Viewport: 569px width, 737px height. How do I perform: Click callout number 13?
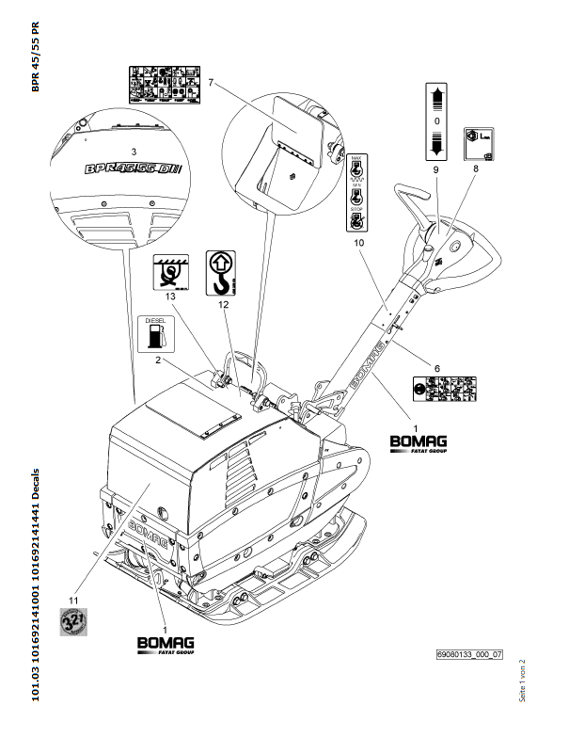click(x=169, y=296)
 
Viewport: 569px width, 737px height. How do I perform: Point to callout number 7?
click(x=213, y=84)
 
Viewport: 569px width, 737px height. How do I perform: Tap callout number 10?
click(x=357, y=243)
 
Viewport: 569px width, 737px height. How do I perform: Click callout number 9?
click(x=435, y=170)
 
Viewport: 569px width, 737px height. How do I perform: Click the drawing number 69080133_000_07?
click(x=467, y=652)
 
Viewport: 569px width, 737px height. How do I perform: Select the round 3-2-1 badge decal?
click(x=73, y=622)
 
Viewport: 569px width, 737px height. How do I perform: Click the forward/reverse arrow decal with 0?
click(x=435, y=122)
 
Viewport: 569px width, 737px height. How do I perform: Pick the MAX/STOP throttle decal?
click(x=356, y=192)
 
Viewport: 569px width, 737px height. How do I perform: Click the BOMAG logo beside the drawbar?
click(x=419, y=441)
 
